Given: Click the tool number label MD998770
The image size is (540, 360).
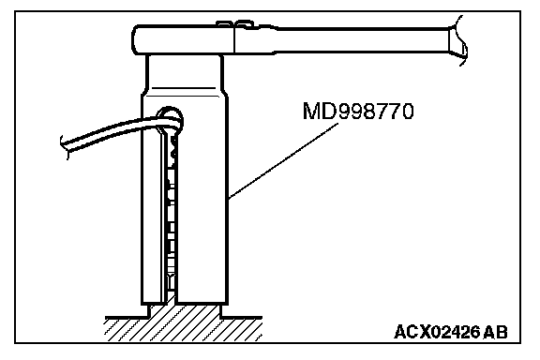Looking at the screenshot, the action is [x=358, y=111].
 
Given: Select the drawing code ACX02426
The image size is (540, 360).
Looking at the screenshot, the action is [x=437, y=333].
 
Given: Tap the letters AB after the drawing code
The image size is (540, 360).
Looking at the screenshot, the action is [x=495, y=333].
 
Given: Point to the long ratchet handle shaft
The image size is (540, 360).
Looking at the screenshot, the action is [x=362, y=40].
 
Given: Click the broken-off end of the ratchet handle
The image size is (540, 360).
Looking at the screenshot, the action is [x=458, y=40].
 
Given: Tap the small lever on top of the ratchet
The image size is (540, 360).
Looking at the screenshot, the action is [x=235, y=24].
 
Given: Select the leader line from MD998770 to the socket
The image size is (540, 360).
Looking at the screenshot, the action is [x=283, y=161].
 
